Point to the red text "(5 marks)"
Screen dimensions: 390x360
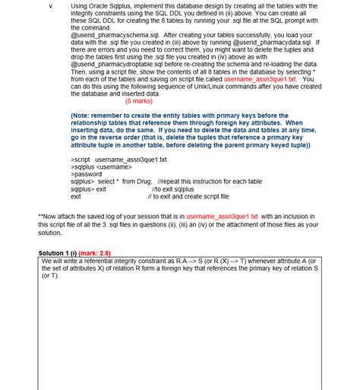pos(139,100)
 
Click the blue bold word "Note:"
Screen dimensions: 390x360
pos(83,115)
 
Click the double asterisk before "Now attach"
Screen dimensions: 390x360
pos(40,216)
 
